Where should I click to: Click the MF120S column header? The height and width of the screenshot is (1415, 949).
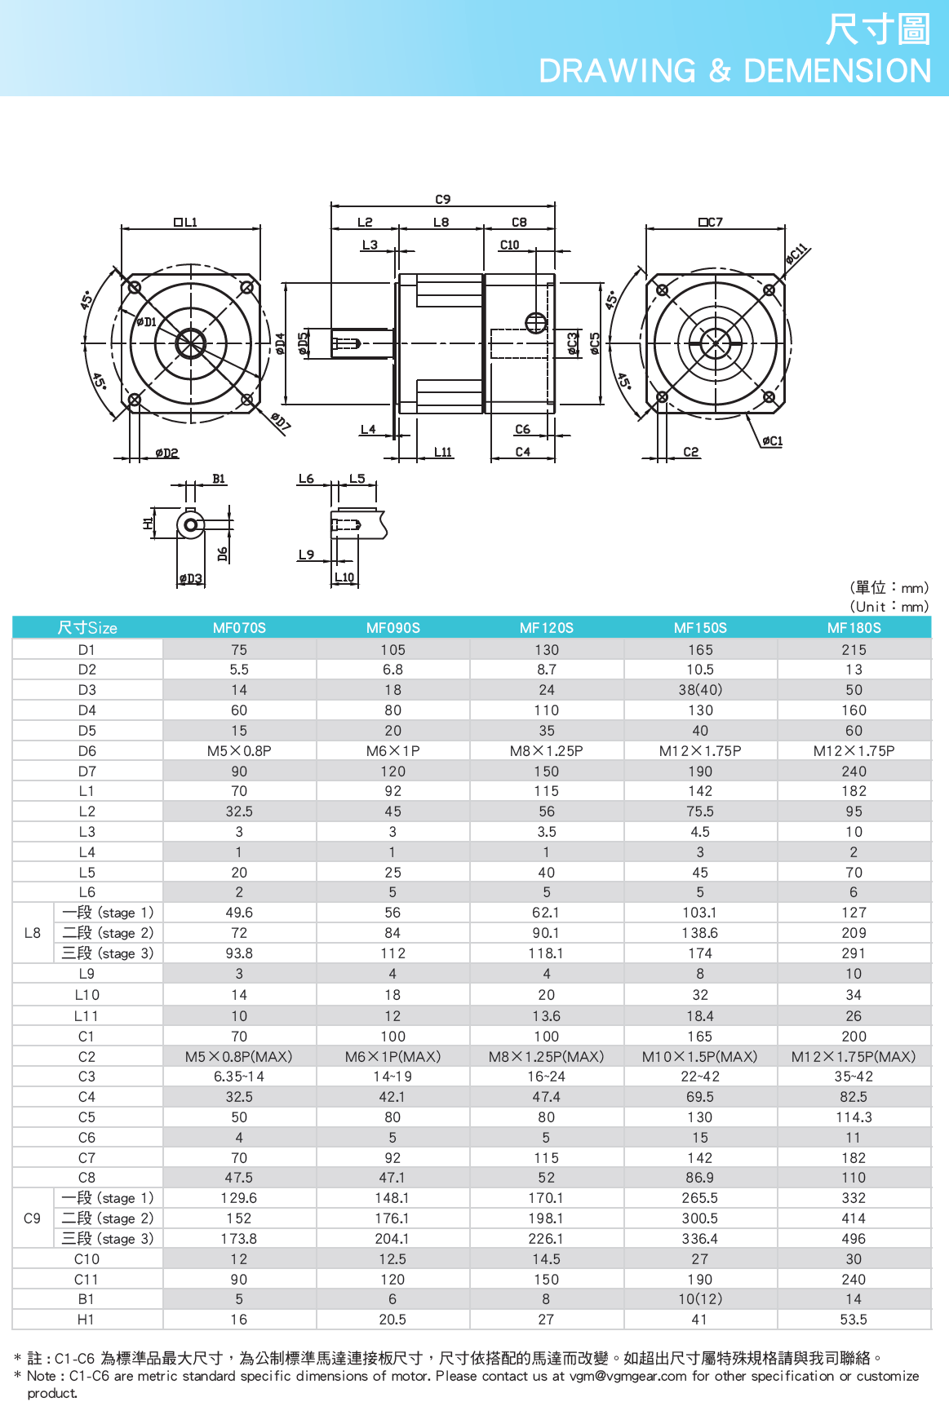[547, 628]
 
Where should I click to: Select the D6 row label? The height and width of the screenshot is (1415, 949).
[87, 751]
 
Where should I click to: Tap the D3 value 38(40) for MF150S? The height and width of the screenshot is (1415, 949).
[700, 690]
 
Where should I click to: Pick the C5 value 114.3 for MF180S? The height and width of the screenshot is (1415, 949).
[854, 1117]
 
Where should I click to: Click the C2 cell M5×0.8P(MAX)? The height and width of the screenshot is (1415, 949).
[238, 1057]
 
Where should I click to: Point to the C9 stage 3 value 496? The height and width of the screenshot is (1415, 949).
[854, 1239]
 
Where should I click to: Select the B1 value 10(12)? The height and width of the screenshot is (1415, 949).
[700, 1299]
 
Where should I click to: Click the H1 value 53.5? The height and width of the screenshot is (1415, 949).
[854, 1320]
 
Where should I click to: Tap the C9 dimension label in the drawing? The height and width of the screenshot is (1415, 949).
[443, 199]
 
